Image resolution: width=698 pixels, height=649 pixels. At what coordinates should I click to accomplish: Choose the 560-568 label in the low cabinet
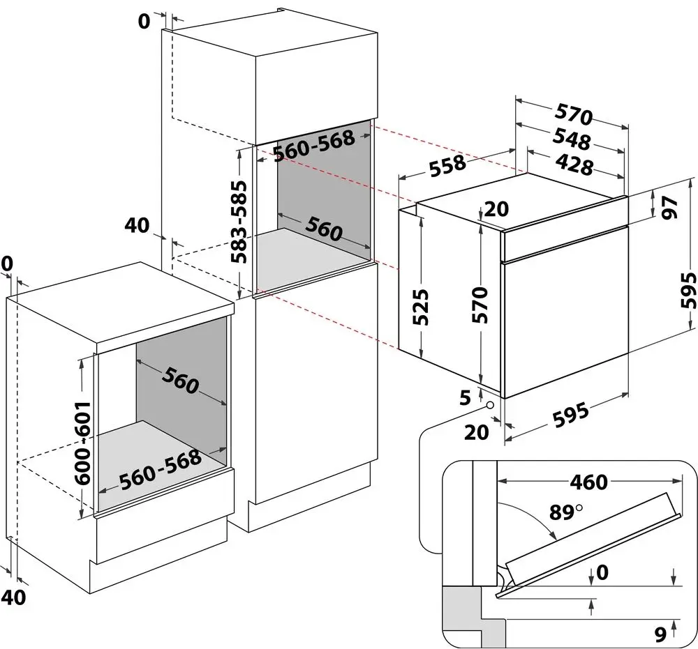(160, 470)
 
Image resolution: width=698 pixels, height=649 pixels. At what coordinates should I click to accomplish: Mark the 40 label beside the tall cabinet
(138, 225)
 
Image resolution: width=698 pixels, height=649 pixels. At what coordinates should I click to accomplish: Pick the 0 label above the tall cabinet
(144, 22)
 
